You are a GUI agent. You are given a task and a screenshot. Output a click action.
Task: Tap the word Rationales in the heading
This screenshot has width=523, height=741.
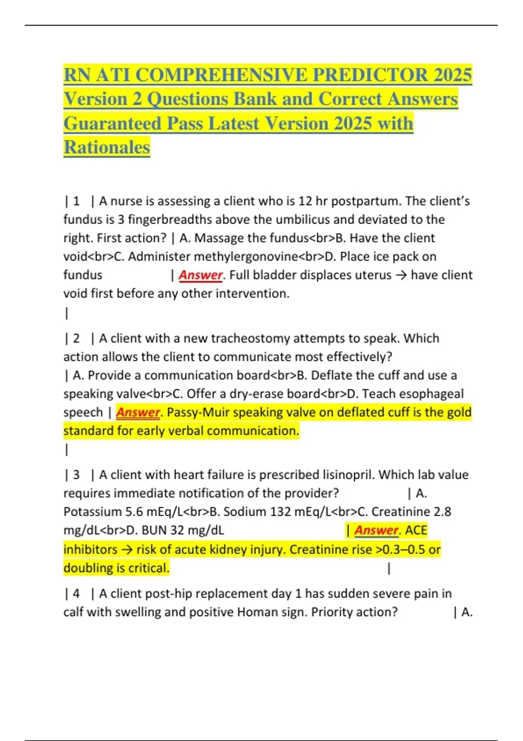tap(107, 147)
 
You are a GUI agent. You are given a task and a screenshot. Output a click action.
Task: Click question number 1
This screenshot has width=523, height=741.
tap(76, 201)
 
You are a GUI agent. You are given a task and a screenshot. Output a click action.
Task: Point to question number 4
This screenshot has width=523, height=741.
tap(76, 593)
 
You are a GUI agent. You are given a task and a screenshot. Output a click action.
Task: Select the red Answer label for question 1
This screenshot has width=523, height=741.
tap(200, 275)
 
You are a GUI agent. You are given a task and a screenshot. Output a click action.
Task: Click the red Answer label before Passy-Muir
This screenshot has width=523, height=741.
tap(138, 412)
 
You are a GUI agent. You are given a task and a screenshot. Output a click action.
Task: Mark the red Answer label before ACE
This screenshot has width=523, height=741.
tap(376, 530)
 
